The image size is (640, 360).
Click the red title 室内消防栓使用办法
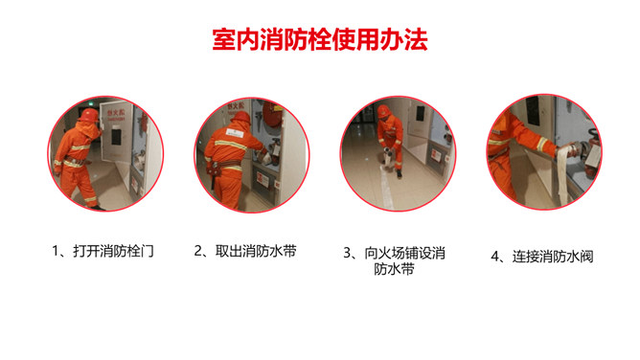coord(320,39)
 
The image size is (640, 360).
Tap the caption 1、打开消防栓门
coord(103,251)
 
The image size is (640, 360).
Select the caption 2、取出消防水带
coord(245,251)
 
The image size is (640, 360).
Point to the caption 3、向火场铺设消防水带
coord(394,260)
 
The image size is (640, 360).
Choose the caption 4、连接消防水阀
coord(542,257)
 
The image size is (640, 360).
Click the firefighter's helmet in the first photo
coord(89,115)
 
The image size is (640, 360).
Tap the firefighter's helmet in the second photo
coord(240,118)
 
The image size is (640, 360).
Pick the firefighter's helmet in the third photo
coord(383,110)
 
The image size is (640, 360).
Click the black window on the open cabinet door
coord(116,137)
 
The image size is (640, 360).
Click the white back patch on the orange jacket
coord(235,133)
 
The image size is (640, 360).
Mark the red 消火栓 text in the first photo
coord(116,112)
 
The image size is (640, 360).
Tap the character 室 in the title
coord(223,40)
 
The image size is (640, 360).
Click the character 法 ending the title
coord(416,40)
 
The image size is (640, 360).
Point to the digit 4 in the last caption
coord(495,257)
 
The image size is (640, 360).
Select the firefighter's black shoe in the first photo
coord(98,208)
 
